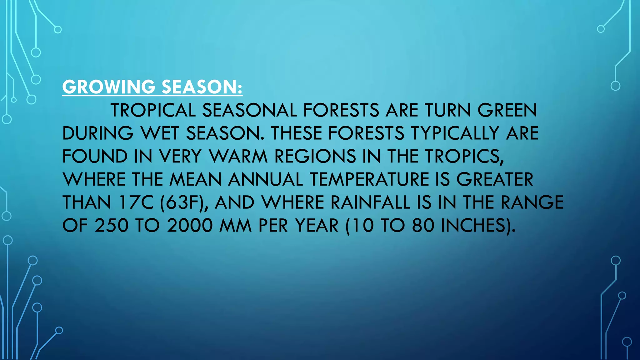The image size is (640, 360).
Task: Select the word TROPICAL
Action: (153, 110)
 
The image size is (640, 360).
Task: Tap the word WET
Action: (160, 133)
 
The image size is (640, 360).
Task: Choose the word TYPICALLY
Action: (455, 133)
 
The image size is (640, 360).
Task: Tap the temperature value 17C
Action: (136, 202)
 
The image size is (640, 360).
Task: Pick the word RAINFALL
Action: (370, 202)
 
